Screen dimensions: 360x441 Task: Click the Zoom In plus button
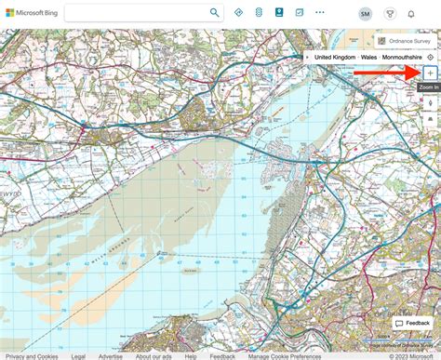429,72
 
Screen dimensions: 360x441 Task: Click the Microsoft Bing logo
32,13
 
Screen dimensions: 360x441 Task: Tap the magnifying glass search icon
215,13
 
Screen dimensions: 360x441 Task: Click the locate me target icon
430,58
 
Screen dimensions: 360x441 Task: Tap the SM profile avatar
365,13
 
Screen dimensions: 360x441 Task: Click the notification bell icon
411,13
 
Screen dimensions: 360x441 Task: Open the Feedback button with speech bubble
412,323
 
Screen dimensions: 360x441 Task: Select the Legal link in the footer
78,355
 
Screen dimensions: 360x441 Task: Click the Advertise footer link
110,355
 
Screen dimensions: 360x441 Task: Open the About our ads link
153,355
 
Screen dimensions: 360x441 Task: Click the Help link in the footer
190,355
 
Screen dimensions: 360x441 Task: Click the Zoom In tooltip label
429,87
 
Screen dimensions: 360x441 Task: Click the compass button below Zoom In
429,102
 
